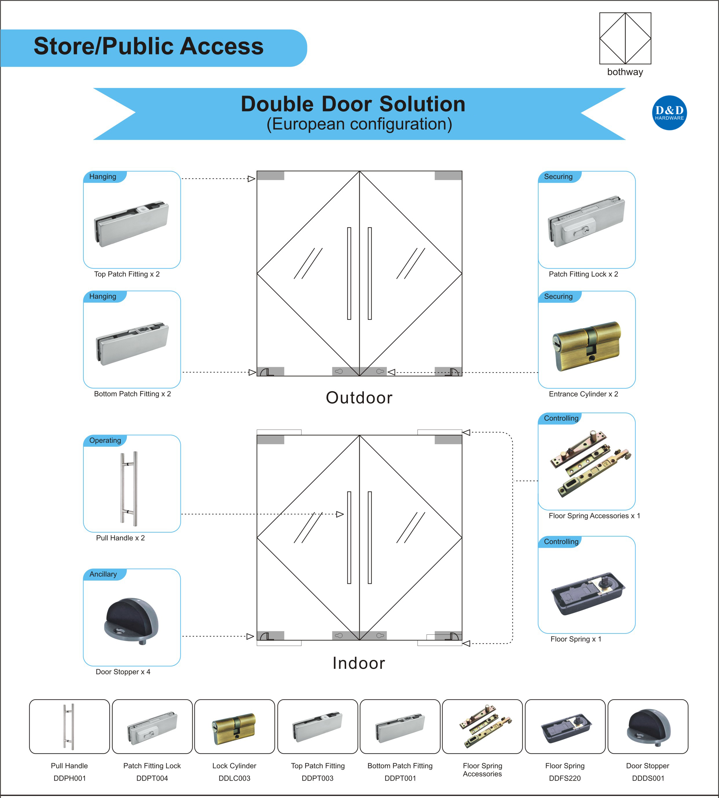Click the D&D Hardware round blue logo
pyautogui.click(x=669, y=113)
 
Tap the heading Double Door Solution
pyautogui.click(x=353, y=104)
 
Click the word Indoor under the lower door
pyautogui.click(x=359, y=663)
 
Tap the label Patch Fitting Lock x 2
pyautogui.click(x=583, y=274)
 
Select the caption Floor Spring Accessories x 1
pyautogui.click(x=594, y=516)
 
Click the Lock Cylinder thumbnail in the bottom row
pyautogui.click(x=234, y=729)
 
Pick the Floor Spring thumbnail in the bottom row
pyautogui.click(x=565, y=729)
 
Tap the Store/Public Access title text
pyautogui.click(x=149, y=47)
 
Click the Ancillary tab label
pyautogui.click(x=103, y=574)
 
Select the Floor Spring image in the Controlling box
pyautogui.click(x=587, y=593)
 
